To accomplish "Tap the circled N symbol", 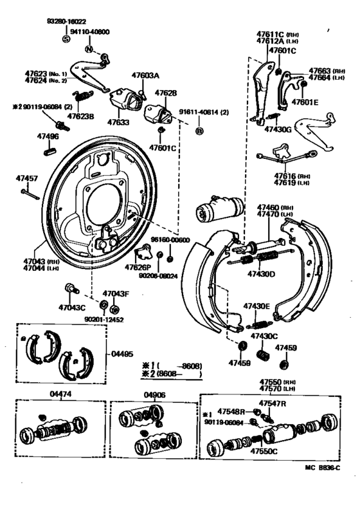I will (89, 49).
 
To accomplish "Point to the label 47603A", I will (145, 75).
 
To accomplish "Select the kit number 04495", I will (122, 353).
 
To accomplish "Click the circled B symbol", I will (199, 131).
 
